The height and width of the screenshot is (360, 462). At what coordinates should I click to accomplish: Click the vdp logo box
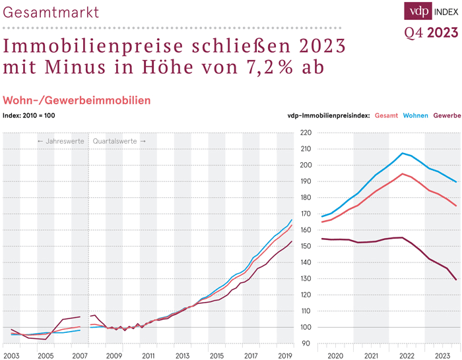[418, 11]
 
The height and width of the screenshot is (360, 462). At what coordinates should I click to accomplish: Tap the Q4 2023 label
[430, 33]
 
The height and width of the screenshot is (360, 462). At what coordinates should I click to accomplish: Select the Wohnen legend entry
[416, 115]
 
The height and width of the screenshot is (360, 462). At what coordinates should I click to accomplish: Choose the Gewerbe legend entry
[447, 115]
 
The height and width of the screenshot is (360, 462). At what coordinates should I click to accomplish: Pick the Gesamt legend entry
[386, 115]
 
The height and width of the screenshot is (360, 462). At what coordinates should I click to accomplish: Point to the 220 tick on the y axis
[305, 133]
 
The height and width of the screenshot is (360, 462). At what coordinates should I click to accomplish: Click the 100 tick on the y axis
[305, 328]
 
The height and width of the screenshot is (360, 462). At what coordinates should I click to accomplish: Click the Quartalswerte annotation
[119, 141]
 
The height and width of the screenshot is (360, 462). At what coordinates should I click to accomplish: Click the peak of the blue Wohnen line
[402, 153]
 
